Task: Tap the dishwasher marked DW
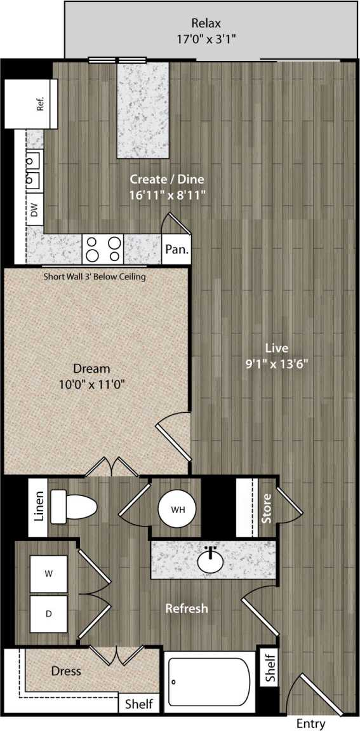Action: [35, 210]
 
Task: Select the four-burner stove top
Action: [103, 248]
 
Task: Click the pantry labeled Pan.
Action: [176, 250]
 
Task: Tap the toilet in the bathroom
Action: [72, 507]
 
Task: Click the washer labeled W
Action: [49, 573]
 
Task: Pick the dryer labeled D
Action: [49, 614]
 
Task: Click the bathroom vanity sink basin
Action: [212, 560]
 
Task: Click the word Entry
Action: [310, 723]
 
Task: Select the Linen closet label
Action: [39, 507]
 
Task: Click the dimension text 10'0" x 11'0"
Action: [91, 384]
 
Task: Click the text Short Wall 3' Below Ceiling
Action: [95, 277]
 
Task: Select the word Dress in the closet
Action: [66, 671]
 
